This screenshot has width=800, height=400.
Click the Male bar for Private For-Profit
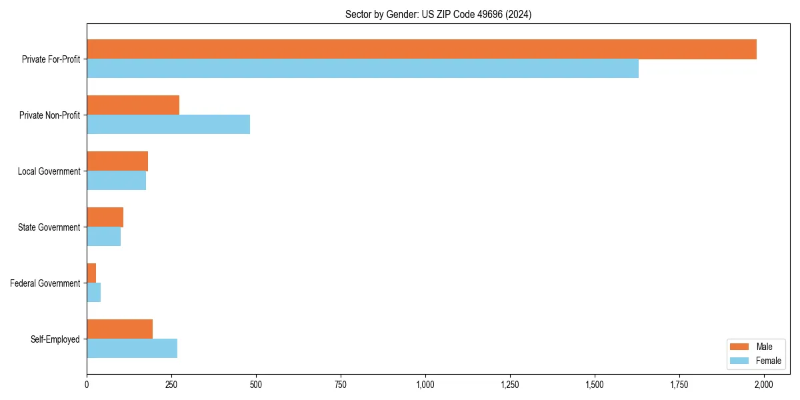pos(421,49)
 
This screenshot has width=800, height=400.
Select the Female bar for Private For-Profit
pos(363,69)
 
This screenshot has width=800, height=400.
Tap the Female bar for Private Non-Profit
pos(168,125)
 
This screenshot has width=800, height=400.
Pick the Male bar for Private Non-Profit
pos(133,105)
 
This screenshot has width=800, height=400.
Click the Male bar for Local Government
pos(117,161)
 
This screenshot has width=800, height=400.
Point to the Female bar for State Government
pos(103,237)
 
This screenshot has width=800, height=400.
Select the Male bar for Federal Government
pos(91,273)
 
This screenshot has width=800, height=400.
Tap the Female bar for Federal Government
pos(93,293)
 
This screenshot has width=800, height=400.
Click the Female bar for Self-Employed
pos(132,349)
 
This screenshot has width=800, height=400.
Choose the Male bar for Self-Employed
pos(120,329)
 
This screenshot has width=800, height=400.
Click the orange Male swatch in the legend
pos(740,347)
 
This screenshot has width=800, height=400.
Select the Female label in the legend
pos(769,361)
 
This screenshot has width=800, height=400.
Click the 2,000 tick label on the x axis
pos(763,385)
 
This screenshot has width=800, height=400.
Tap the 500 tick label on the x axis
pos(256,385)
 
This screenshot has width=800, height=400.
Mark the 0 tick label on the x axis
pos(87,385)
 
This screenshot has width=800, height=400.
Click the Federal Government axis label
pos(45,283)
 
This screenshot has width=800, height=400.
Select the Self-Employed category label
pos(55,339)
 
